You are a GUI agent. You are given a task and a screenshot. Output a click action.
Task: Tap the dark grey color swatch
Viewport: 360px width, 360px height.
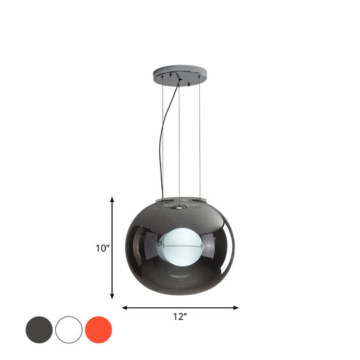39,329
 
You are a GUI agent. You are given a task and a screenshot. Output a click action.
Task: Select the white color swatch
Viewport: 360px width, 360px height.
69,329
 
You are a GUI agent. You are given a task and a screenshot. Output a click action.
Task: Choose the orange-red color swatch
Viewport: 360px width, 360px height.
99,329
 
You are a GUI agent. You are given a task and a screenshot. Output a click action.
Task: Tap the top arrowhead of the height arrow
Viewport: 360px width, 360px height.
112,199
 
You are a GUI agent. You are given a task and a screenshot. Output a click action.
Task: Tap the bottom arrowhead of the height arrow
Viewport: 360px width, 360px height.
112,297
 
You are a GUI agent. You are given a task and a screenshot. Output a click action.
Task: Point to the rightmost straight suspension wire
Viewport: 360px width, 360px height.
200,140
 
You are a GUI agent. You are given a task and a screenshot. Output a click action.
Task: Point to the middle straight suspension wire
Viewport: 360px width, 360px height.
179,140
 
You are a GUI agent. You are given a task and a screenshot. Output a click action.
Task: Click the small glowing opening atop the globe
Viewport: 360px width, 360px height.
179,207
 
